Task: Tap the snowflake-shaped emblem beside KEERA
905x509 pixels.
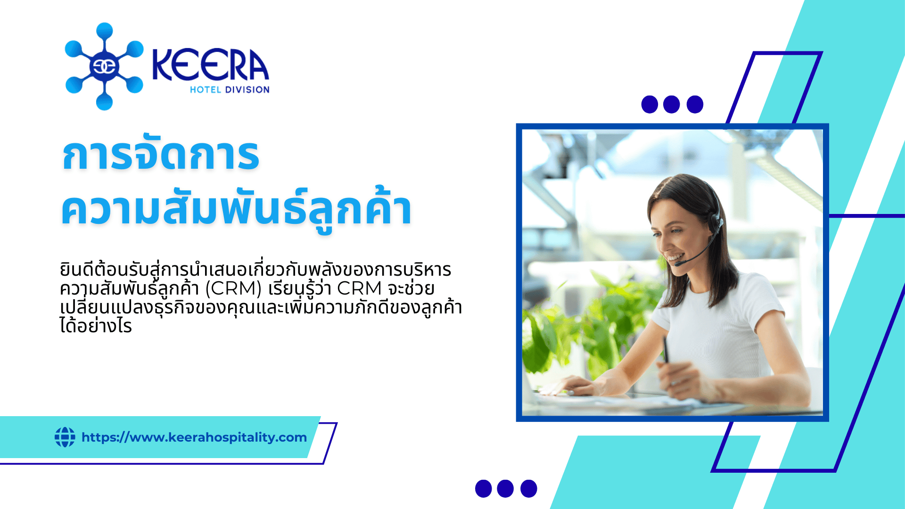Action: pyautogui.click(x=104, y=66)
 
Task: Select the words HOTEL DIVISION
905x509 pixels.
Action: pyautogui.click(x=230, y=90)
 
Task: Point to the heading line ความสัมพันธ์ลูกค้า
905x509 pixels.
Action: pyautogui.click(x=237, y=209)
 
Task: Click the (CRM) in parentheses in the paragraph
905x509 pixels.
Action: pyautogui.click(x=233, y=288)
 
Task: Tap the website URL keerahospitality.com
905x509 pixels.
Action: pyautogui.click(x=194, y=437)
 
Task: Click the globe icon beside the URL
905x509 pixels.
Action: pyautogui.click(x=65, y=437)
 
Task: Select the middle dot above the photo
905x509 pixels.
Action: pyautogui.click(x=671, y=104)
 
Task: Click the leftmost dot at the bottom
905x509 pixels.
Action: pyautogui.click(x=483, y=489)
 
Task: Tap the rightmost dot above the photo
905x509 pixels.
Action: pyautogui.click(x=695, y=104)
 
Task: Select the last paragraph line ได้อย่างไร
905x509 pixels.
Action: pyautogui.click(x=96, y=326)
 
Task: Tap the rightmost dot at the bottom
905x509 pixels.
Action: pyautogui.click(x=529, y=489)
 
